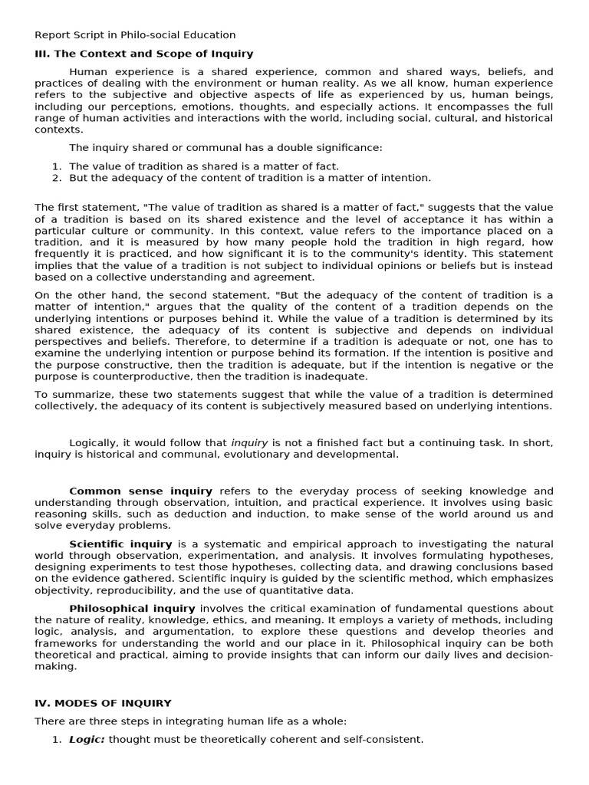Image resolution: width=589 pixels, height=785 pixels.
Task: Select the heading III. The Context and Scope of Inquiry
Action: tap(143, 54)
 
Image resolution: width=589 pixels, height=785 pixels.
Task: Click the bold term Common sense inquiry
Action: tap(140, 491)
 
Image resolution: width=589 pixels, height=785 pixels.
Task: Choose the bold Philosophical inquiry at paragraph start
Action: tap(132, 608)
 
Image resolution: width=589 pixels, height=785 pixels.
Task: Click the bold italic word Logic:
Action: tap(87, 740)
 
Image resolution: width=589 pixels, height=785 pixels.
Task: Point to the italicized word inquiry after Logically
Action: tap(249, 443)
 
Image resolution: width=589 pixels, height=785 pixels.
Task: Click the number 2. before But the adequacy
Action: tap(56, 178)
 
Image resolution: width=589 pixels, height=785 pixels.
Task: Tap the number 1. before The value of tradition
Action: tap(56, 166)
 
